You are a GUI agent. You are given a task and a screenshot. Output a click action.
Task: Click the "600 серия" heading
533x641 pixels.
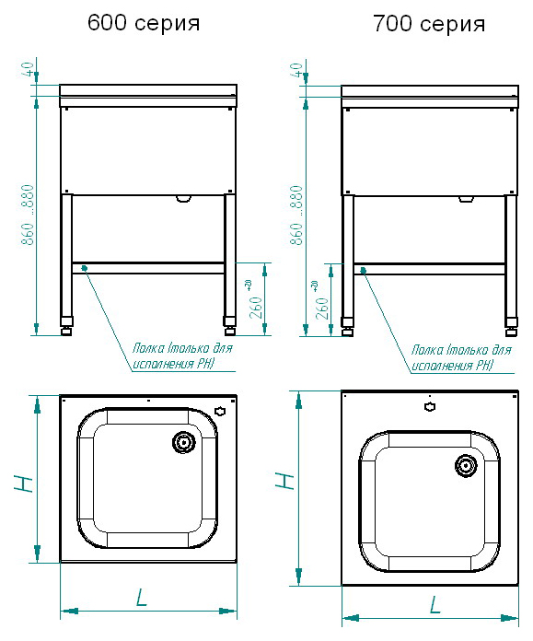tap(144, 23)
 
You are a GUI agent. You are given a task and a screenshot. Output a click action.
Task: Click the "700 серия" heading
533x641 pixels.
tap(429, 24)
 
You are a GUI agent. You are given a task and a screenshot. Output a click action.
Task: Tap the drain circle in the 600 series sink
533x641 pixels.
tap(184, 442)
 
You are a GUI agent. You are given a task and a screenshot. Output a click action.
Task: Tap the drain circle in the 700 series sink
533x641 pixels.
tap(467, 466)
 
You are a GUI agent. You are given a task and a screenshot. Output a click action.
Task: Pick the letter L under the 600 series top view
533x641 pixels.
tap(141, 598)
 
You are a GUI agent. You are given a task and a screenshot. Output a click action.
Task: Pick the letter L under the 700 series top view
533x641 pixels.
tap(435, 604)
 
